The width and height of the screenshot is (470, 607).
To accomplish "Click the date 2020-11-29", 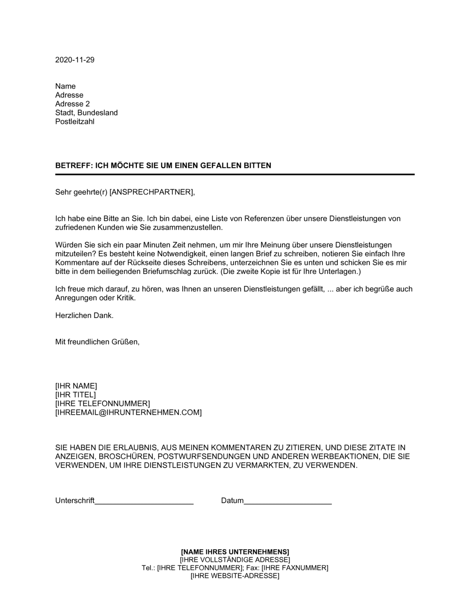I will click(x=75, y=60).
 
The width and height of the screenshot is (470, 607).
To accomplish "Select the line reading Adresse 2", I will click(x=72, y=104).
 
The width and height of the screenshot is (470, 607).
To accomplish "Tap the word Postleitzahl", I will click(x=75, y=122).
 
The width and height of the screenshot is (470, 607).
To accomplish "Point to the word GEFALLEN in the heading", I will click(x=223, y=166).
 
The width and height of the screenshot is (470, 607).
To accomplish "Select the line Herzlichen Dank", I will click(x=85, y=316).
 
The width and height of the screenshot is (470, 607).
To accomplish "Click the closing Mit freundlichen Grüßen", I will click(x=97, y=342).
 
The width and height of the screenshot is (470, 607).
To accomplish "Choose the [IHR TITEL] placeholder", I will click(x=75, y=395).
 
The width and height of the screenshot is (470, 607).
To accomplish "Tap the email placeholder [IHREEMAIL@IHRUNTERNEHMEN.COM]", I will click(x=128, y=413).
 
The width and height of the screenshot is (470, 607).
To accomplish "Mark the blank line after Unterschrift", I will click(x=144, y=503).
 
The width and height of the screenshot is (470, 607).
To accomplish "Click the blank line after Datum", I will click(x=288, y=503).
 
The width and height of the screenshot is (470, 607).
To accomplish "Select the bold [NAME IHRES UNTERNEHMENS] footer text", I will click(x=235, y=551).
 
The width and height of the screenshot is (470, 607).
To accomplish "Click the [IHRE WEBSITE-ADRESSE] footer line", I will click(x=235, y=576).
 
